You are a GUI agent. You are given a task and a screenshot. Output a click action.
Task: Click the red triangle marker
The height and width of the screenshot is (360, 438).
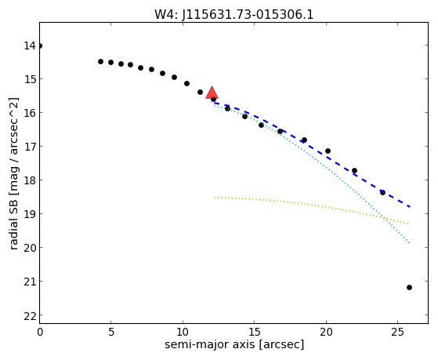pos(212,93)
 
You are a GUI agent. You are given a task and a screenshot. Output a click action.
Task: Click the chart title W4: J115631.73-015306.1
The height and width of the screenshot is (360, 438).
pos(234,14)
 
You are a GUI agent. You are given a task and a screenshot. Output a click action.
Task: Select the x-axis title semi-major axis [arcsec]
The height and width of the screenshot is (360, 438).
pos(234,344)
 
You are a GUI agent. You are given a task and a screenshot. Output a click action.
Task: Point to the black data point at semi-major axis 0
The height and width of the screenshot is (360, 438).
pos(40,45)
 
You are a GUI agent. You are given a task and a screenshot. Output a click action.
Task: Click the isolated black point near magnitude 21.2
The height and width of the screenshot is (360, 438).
pos(409,287)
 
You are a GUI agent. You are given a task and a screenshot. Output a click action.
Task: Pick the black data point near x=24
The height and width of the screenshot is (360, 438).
pos(382,192)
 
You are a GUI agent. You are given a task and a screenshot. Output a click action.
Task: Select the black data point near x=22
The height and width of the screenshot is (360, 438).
pos(354,170)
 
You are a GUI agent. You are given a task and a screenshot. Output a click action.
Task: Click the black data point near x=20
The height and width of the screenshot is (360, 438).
pos(328,151)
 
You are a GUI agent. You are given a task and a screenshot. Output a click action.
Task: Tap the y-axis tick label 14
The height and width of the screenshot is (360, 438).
pos(30,45)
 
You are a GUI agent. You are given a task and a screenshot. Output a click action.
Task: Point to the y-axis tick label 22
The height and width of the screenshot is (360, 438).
pos(30,317)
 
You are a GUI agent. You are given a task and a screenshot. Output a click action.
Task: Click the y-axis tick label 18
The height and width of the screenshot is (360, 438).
pos(30,180)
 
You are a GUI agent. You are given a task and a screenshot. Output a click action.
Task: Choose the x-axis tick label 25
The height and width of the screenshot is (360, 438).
pos(397,333)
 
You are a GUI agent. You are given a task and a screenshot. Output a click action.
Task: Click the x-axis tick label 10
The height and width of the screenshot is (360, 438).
pos(183,333)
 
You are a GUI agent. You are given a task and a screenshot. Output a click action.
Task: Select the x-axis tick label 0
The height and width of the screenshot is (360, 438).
pos(40,333)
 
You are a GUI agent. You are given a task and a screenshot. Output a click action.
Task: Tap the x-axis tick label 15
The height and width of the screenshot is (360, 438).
pos(254,333)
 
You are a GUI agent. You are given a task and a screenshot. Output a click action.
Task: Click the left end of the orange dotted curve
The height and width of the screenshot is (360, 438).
pos(214,198)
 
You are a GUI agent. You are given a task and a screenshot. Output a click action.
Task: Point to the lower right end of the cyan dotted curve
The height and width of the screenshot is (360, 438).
pos(409,243)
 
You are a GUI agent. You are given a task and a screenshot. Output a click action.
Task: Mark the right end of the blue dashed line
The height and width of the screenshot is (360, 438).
pos(410,207)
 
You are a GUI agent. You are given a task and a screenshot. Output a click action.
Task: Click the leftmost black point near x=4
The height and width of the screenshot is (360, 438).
pos(100,61)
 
